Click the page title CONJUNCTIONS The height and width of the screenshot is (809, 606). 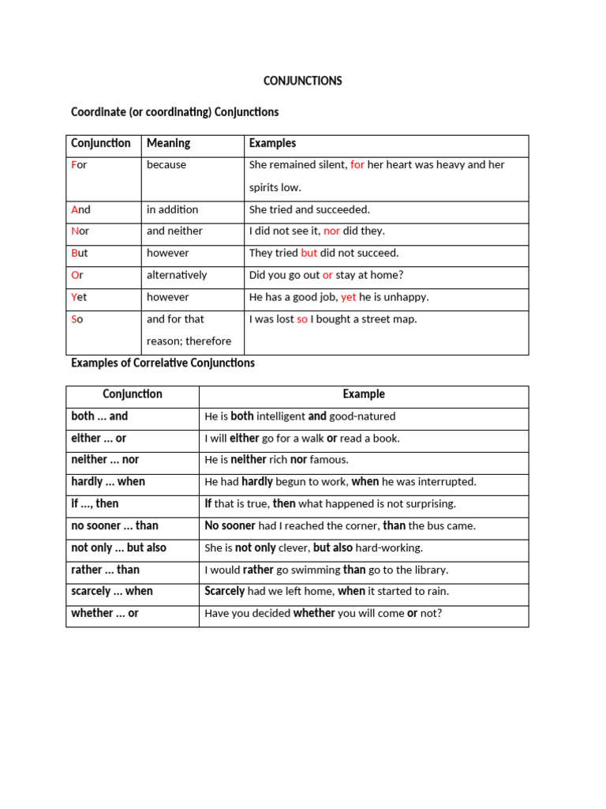click(302, 81)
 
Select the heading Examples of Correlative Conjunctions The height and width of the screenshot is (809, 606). click(163, 363)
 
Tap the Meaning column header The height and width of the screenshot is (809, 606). click(168, 144)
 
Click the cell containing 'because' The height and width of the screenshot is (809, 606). click(166, 165)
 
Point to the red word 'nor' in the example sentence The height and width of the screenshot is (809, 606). click(331, 231)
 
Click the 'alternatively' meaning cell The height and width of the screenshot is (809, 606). click(177, 276)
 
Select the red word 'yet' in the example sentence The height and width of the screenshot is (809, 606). click(349, 298)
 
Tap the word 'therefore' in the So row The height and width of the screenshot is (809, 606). click(208, 341)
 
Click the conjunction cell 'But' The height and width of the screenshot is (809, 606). click(80, 254)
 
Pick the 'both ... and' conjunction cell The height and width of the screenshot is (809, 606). click(99, 416)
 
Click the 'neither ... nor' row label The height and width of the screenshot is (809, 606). click(105, 460)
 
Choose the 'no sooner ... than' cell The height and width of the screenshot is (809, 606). click(114, 526)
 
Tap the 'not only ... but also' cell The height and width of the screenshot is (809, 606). click(118, 548)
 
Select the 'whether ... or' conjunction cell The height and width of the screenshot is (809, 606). click(104, 614)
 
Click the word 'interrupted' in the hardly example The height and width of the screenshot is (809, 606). click(448, 482)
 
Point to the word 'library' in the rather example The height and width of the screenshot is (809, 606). click(429, 570)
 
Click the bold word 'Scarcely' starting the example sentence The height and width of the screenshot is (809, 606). click(225, 592)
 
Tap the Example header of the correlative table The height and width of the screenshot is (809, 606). click(364, 394)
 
